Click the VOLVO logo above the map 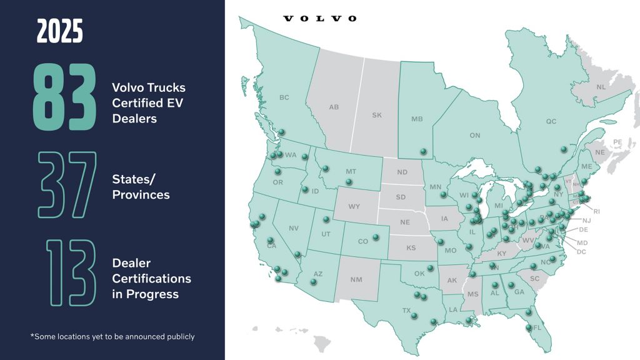tap(320, 18)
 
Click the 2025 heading tap(59, 31)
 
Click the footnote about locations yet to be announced tap(112, 336)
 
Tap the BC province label tap(284, 97)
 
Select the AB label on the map tap(334, 107)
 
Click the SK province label tap(376, 116)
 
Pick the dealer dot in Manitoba tap(423, 151)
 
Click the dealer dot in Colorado tap(376, 237)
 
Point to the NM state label tap(356, 279)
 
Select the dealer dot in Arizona tap(314, 282)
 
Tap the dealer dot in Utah tap(326, 219)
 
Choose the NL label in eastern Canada tap(601, 87)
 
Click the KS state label tap(411, 248)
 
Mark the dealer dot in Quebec tap(564, 149)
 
